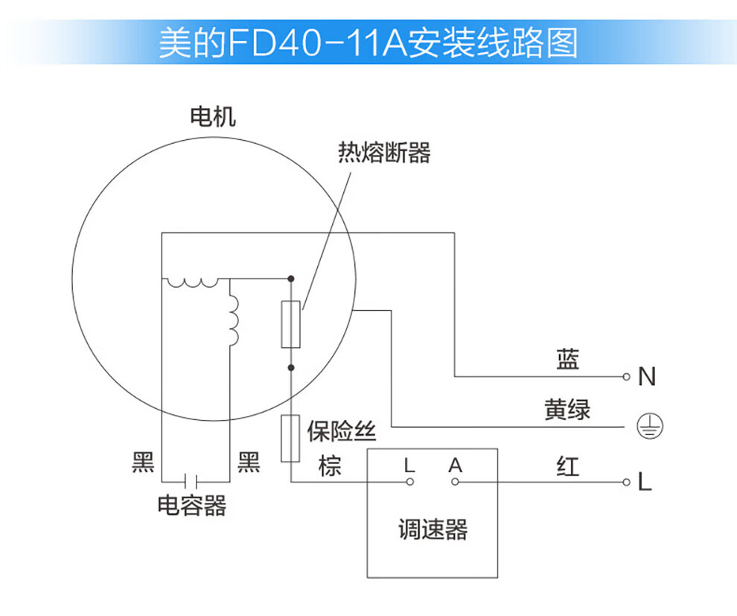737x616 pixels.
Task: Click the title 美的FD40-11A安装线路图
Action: tap(368, 43)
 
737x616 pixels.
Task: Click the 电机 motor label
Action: tap(213, 117)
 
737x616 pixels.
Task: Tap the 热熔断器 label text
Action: tap(384, 153)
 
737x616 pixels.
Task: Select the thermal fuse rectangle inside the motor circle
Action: tap(290, 325)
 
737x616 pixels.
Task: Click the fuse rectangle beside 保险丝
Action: tap(290, 438)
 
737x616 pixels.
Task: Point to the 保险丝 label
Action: tap(342, 431)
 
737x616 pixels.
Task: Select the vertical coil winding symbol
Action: tap(233, 320)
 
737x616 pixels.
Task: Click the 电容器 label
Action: tap(192, 507)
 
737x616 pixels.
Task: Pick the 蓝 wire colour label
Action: tap(567, 361)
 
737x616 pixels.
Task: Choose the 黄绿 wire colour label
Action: tap(567, 409)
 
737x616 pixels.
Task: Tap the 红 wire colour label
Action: tap(567, 467)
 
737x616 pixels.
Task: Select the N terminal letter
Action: tap(647, 378)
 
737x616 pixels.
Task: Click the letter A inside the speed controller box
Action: tap(456, 466)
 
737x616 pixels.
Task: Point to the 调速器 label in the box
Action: tap(433, 530)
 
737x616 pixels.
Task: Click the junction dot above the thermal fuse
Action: tap(290, 279)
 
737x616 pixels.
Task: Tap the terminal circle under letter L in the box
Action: tap(409, 482)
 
